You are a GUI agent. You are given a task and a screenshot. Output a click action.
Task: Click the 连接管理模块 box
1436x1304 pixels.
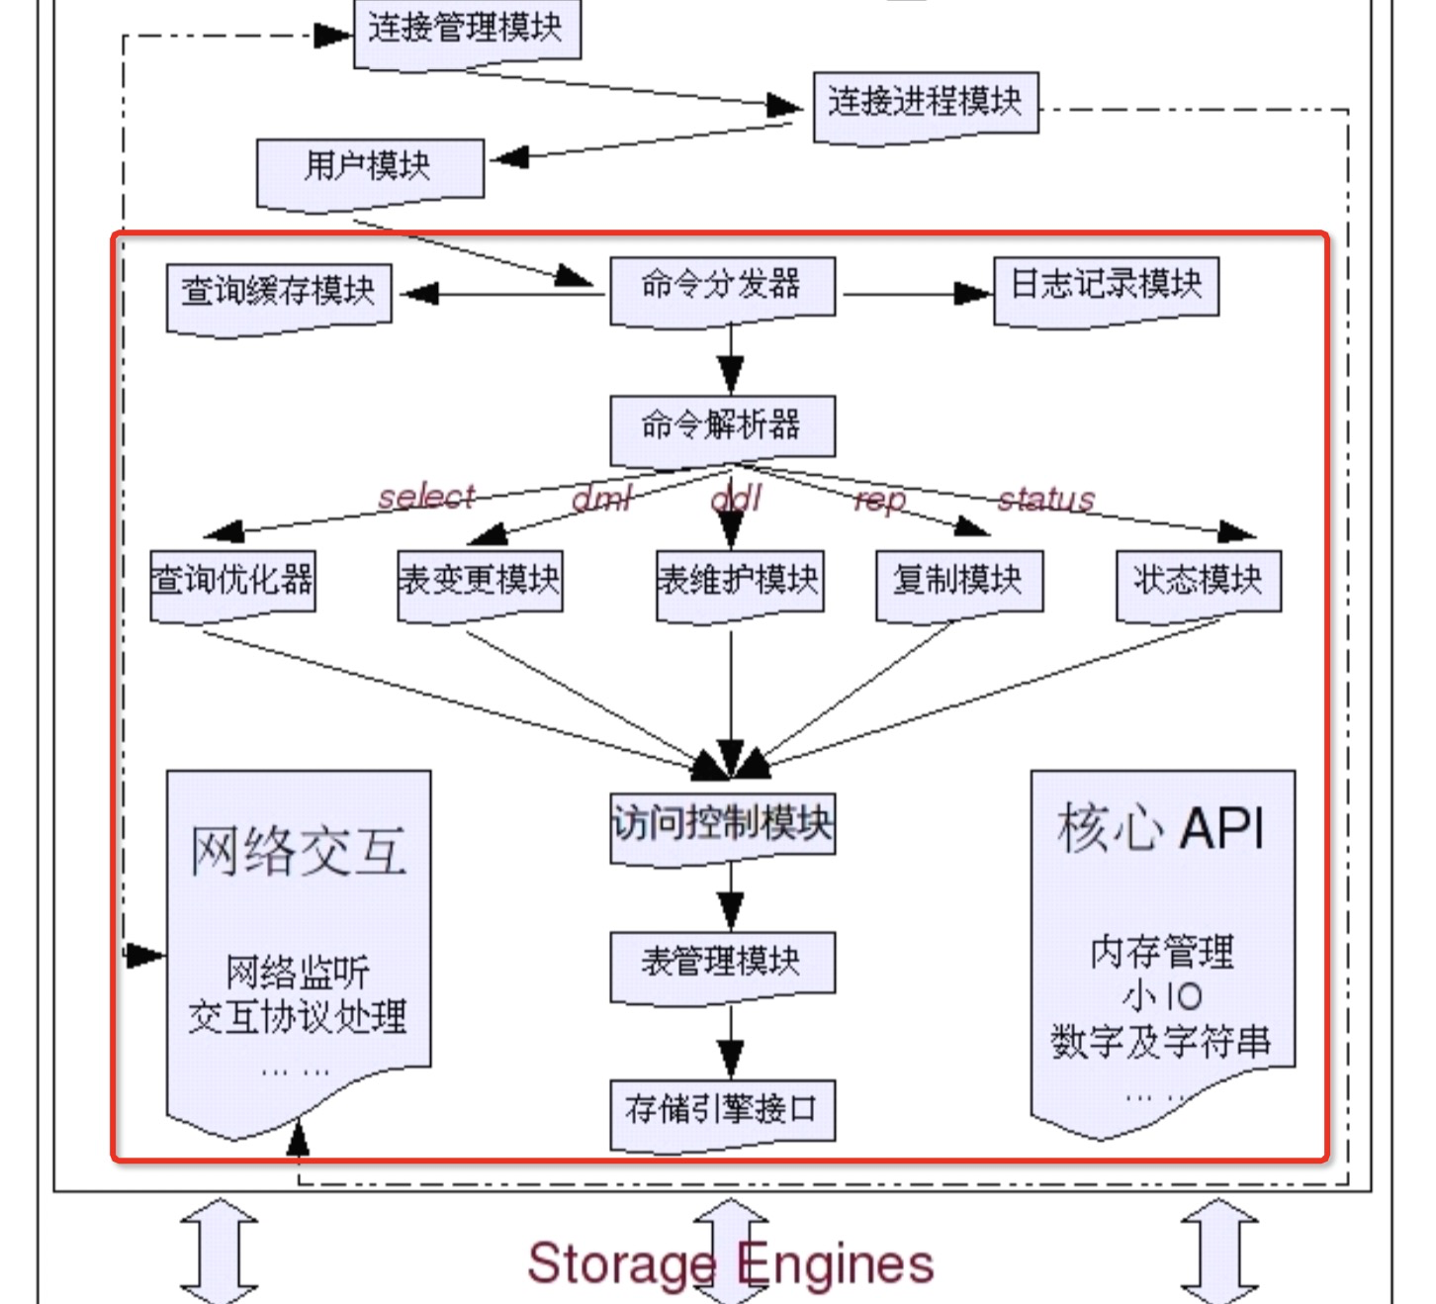tap(466, 30)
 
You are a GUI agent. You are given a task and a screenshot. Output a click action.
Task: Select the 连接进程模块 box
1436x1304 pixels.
tap(926, 102)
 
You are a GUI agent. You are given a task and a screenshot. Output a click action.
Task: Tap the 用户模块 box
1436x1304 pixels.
tap(369, 167)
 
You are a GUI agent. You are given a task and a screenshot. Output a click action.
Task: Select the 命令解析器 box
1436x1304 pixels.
tap(722, 426)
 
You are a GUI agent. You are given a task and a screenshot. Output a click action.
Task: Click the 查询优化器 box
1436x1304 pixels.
tap(232, 581)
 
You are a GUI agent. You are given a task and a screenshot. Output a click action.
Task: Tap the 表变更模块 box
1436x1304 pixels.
tap(480, 581)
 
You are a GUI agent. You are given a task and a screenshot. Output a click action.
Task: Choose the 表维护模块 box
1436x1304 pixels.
tap(739, 581)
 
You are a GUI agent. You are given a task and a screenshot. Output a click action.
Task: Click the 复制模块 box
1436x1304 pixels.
tap(958, 581)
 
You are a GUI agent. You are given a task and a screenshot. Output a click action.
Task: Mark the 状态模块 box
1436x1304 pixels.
tap(1198, 581)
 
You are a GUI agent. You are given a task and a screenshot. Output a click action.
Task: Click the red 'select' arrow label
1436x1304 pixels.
tap(426, 496)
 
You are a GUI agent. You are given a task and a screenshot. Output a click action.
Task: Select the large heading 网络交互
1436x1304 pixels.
tap(299, 851)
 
